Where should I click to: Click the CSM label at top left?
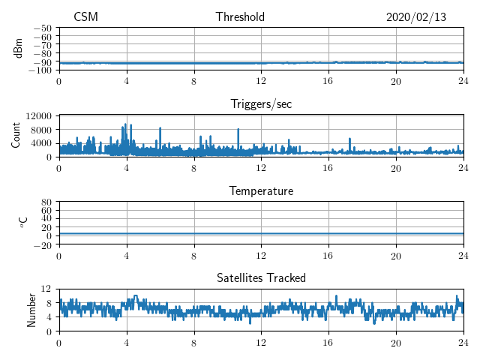85,17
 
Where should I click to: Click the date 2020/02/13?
416,17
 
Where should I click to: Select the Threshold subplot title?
240,17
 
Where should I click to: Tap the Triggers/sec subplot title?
261,103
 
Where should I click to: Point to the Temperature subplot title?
261,191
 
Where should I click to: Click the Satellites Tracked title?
261,278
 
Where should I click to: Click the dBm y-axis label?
18,48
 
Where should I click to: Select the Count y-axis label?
16,136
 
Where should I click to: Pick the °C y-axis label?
22,223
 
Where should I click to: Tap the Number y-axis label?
31,310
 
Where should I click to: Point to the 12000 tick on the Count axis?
37,115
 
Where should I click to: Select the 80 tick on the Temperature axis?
46,202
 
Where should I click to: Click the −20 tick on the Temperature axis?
43,244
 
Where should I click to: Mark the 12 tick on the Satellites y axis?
46,289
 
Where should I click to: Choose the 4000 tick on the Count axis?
40,143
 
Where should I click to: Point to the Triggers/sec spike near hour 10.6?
238,130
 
